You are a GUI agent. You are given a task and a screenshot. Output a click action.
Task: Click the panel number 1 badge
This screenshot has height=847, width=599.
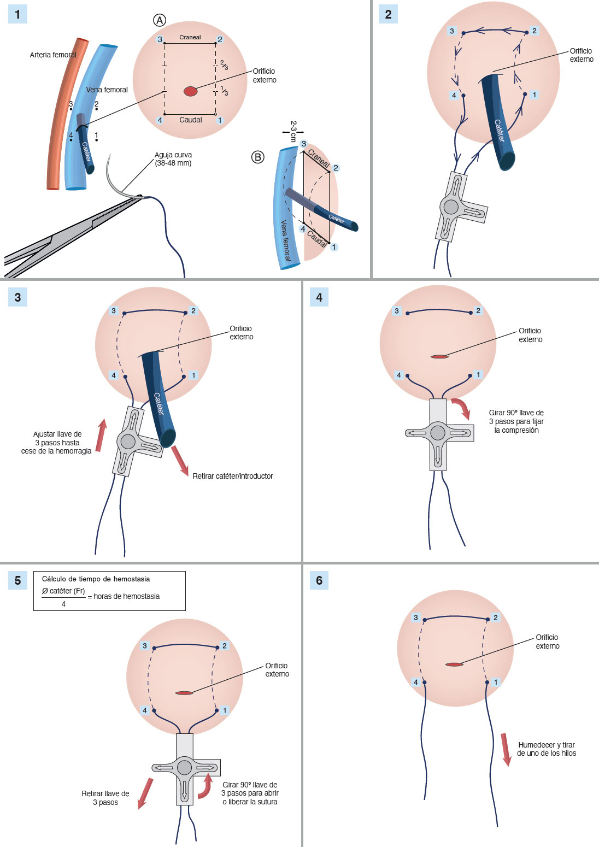coord(17,14)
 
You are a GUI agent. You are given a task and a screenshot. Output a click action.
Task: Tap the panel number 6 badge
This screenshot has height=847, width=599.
coord(319,580)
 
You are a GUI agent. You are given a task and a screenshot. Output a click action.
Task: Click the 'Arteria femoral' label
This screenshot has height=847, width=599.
coord(53,55)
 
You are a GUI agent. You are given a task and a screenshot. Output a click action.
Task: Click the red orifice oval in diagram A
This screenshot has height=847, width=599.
coord(190,91)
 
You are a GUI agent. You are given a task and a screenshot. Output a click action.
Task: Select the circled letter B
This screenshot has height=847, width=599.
coord(257,157)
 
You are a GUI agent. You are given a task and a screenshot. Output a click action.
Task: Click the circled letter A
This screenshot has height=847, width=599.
coord(159,20)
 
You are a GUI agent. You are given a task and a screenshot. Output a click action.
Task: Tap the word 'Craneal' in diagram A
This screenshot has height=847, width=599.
coord(190,38)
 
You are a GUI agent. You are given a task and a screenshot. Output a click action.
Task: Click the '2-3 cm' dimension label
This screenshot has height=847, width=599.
coord(293,131)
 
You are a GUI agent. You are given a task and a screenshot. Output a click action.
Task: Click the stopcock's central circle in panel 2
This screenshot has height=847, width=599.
coord(451,207)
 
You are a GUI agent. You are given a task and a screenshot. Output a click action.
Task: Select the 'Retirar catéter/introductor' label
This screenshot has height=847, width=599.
coord(233,476)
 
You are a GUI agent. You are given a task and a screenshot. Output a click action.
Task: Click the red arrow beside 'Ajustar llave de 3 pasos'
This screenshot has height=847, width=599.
coord(101,436)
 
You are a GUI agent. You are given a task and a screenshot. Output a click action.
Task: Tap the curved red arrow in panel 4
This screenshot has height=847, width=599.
coord(462,408)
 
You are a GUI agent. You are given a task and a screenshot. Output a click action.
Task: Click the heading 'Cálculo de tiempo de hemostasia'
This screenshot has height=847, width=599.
coord(96,579)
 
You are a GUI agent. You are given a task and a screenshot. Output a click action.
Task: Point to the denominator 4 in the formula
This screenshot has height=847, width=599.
coord(63,604)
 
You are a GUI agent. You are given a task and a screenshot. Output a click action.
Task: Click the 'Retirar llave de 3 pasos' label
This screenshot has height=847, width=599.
coord(105,798)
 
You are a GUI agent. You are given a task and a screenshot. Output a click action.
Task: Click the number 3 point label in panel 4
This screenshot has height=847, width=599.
coord(397,311)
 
